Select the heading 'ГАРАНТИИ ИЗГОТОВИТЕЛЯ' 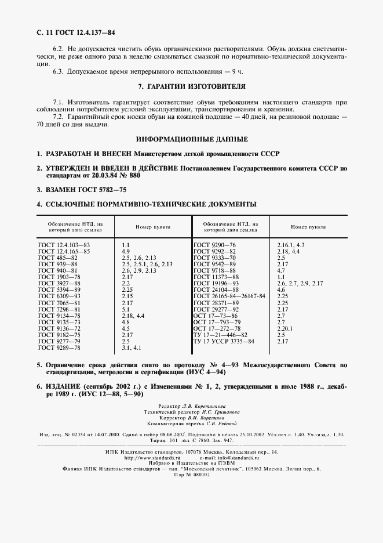click(192, 86)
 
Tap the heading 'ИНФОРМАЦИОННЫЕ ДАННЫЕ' click(192, 139)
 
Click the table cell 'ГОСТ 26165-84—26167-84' click(229, 296)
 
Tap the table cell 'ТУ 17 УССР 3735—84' click(224, 341)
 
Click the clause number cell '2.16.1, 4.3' click(291, 245)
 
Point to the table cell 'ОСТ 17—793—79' click(216, 322)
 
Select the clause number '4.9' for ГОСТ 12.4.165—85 click(126, 251)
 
